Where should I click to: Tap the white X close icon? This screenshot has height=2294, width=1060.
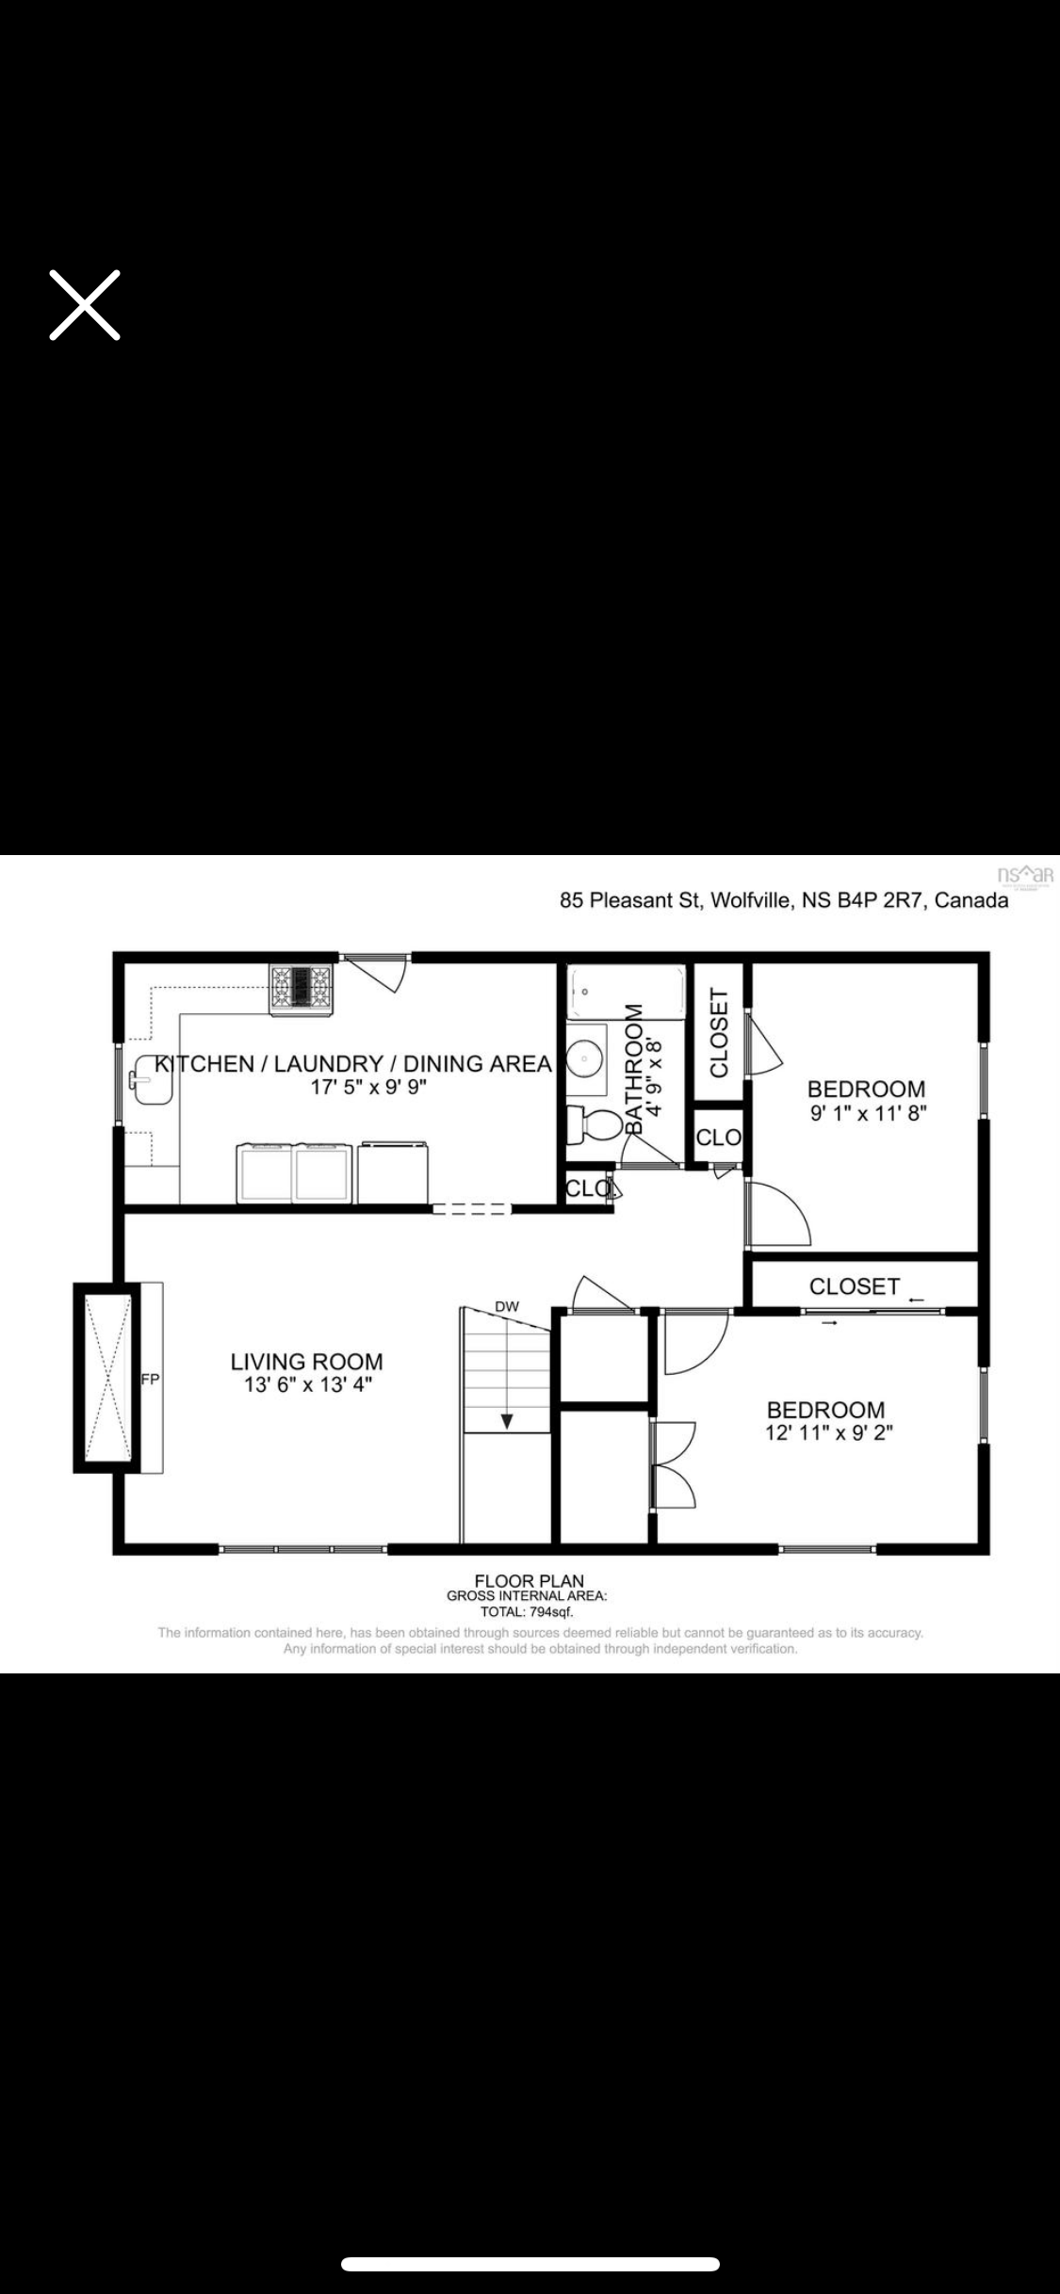click(x=85, y=304)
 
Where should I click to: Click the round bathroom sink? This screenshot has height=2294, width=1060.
click(x=585, y=1059)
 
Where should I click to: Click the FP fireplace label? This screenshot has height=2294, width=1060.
click(x=150, y=1380)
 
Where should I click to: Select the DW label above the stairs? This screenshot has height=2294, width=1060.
click(x=507, y=1306)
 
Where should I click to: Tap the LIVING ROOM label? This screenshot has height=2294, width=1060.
click(x=307, y=1362)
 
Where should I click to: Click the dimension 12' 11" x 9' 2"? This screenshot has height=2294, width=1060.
click(x=829, y=1432)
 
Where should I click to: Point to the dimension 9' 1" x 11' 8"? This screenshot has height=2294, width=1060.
click(x=868, y=1112)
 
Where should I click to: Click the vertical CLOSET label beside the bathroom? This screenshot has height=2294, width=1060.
click(x=719, y=1032)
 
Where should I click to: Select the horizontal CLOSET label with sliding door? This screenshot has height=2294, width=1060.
click(x=855, y=1285)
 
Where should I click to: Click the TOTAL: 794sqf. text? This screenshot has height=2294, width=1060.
click(x=527, y=1611)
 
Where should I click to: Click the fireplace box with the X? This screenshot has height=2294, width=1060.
click(x=107, y=1377)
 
